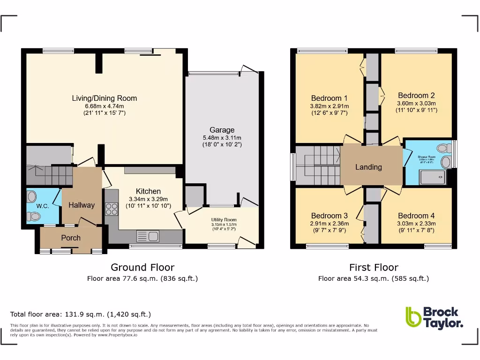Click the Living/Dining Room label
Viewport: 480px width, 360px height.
pyautogui.click(x=104, y=98)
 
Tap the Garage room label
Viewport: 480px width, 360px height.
pyautogui.click(x=222, y=130)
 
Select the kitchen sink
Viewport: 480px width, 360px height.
pyautogui.click(x=149, y=235)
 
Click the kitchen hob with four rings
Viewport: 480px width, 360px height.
pyautogui.click(x=112, y=208)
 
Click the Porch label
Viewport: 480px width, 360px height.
pyautogui.click(x=71, y=238)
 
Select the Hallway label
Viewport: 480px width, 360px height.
pyautogui.click(x=82, y=205)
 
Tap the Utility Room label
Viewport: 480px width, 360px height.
pyautogui.click(x=224, y=219)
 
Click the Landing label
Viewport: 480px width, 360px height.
pyautogui.click(x=368, y=167)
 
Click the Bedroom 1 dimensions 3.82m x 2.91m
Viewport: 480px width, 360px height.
pyautogui.click(x=330, y=106)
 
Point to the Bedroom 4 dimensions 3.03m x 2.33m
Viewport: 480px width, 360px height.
pyautogui.click(x=416, y=224)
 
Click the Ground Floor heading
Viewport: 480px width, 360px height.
pyautogui.click(x=142, y=267)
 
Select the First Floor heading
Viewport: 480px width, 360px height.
pyautogui.click(x=374, y=267)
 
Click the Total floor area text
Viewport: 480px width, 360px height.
pyautogui.click(x=81, y=314)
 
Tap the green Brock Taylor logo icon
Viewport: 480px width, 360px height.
pyautogui.click(x=413, y=317)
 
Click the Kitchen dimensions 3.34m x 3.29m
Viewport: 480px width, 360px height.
pyautogui.click(x=148, y=199)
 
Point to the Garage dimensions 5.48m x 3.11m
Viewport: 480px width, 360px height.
pyautogui.click(x=222, y=138)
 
